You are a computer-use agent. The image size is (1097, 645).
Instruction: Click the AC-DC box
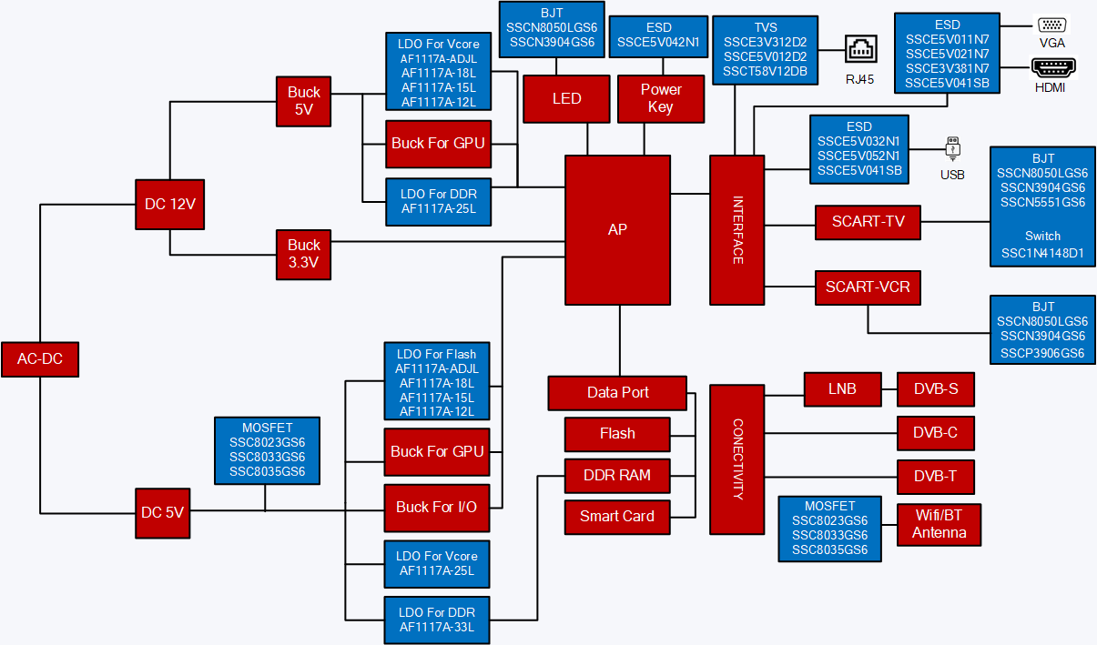[40, 359]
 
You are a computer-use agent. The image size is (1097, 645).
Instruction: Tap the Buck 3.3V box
[304, 254]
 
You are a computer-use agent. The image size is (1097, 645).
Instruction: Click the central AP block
[617, 229]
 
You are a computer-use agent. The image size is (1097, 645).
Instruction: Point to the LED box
[566, 98]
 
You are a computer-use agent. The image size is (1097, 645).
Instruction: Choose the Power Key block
[661, 98]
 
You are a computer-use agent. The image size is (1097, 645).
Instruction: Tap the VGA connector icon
[1051, 25]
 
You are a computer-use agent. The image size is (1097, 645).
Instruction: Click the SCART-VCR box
[868, 287]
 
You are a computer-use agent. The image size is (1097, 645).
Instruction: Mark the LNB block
[843, 389]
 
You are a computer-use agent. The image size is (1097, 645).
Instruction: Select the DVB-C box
[935, 433]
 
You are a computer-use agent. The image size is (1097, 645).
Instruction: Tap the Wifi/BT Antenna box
[939, 524]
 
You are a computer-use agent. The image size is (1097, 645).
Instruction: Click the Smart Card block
[617, 517]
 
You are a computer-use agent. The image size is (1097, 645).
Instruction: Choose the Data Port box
[617, 393]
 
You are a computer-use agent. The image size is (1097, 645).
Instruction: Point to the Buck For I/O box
[437, 507]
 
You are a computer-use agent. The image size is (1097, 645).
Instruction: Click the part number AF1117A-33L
[437, 627]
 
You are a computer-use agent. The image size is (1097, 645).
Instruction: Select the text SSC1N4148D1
[1042, 254]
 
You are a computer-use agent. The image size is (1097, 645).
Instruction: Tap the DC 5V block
[163, 512]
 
